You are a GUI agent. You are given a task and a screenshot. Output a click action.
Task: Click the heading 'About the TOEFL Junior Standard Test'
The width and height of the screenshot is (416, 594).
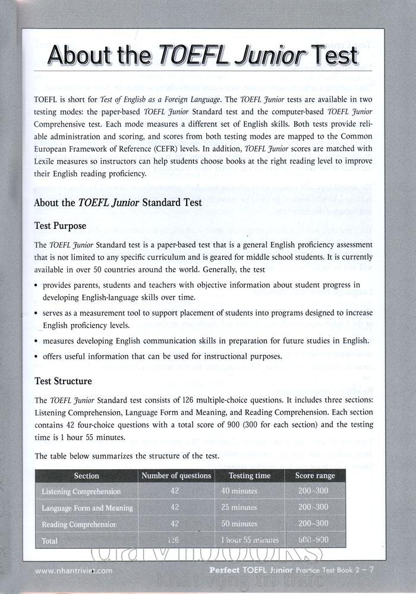[x=118, y=203]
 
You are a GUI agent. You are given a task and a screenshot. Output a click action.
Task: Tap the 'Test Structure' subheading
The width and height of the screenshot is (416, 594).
[x=64, y=381]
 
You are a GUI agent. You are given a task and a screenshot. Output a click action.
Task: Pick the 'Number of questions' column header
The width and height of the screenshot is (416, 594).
[x=176, y=476]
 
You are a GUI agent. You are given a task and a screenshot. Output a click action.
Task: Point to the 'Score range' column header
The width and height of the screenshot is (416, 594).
[x=315, y=476]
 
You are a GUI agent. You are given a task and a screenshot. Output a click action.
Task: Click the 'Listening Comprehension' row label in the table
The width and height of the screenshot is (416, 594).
[x=81, y=492]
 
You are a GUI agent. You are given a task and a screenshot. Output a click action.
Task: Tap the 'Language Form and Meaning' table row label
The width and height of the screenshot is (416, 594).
[x=87, y=508]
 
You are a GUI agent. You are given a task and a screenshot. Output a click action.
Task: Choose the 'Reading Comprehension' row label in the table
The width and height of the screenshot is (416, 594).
[x=79, y=524]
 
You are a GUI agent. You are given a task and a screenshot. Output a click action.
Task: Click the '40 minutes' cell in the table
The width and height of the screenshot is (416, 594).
[x=239, y=491]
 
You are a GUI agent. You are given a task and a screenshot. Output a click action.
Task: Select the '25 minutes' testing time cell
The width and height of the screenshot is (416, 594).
[x=239, y=508]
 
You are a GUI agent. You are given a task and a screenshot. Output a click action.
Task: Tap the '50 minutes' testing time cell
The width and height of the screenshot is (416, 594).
[x=239, y=524]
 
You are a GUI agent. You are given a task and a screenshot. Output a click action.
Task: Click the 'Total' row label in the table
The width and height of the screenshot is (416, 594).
[x=50, y=540]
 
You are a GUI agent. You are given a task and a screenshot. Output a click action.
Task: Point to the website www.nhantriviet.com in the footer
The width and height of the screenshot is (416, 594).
[x=74, y=570]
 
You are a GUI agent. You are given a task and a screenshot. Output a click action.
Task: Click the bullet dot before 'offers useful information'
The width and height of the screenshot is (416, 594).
[x=37, y=356]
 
